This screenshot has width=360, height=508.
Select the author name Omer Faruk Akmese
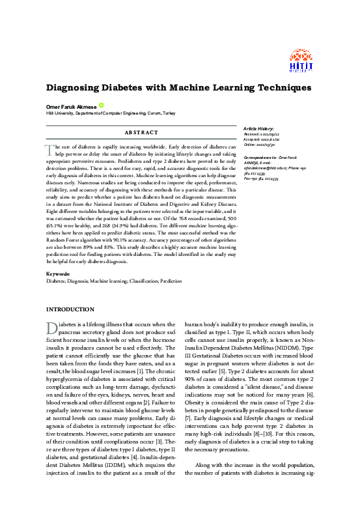pos(71,106)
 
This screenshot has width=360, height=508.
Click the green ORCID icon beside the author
pos(102,106)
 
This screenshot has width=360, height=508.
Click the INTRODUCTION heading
pos(70,309)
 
